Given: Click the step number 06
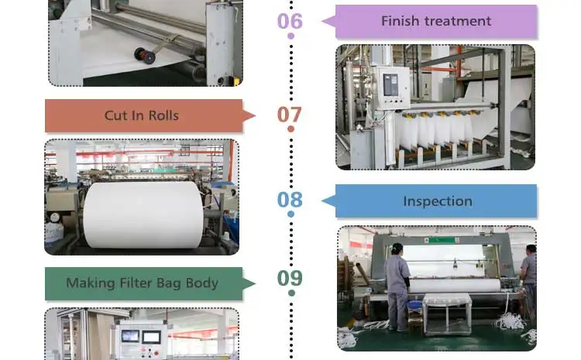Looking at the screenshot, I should [x=290, y=21].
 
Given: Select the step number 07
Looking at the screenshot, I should [x=290, y=115].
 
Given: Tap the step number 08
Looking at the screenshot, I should [x=290, y=201].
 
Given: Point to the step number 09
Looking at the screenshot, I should [x=290, y=277].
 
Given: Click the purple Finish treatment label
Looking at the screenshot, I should [x=435, y=21].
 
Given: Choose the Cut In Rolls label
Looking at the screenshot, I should [x=142, y=115].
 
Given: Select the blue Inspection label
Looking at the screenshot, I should [x=437, y=201].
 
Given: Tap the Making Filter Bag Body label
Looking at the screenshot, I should [x=143, y=283].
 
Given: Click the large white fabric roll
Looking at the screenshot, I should [x=143, y=214].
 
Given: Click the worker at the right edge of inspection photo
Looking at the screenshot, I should [x=529, y=283].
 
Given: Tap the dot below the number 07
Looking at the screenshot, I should [x=290, y=129].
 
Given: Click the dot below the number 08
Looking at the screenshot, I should [x=290, y=214].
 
